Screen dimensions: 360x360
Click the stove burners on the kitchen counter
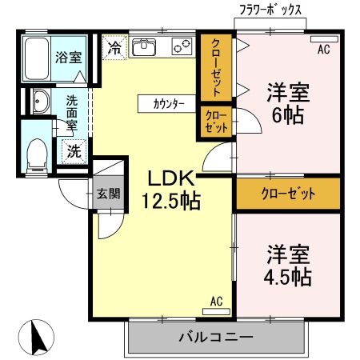[x=181, y=47]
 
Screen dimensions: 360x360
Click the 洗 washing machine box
[x=72, y=149]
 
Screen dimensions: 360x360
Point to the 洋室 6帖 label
[x=287, y=102]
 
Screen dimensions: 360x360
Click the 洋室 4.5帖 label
[x=287, y=265]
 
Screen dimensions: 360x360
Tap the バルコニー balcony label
[x=215, y=337]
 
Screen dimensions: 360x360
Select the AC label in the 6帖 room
[x=323, y=50]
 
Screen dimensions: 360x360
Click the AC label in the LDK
[x=216, y=302]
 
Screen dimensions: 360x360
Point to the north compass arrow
[x=36, y=337]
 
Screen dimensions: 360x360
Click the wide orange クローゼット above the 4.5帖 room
[x=287, y=194]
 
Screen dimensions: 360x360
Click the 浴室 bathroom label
[x=68, y=57]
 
